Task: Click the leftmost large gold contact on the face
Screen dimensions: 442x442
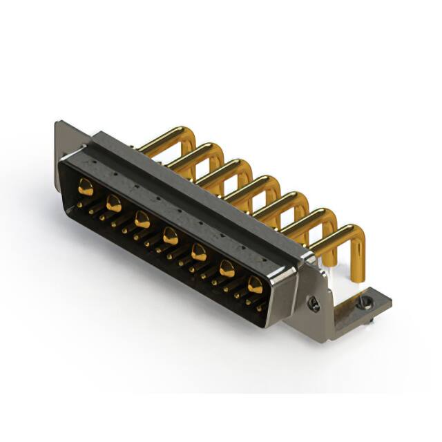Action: tap(86, 186)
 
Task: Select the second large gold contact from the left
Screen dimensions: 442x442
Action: tap(114, 204)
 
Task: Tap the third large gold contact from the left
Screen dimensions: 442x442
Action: tap(142, 221)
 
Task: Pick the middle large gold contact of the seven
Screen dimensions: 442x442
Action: tap(170, 238)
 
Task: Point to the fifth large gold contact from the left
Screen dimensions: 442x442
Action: tap(199, 253)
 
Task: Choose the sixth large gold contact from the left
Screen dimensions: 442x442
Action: tap(227, 269)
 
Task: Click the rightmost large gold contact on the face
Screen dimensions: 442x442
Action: tap(255, 284)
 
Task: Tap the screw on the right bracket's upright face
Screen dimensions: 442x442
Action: tap(314, 303)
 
